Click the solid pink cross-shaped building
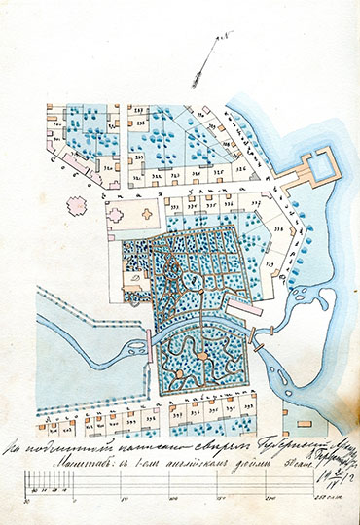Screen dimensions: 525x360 pyautogui.click(x=75, y=205)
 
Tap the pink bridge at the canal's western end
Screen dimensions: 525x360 pyautogui.click(x=149, y=342)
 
